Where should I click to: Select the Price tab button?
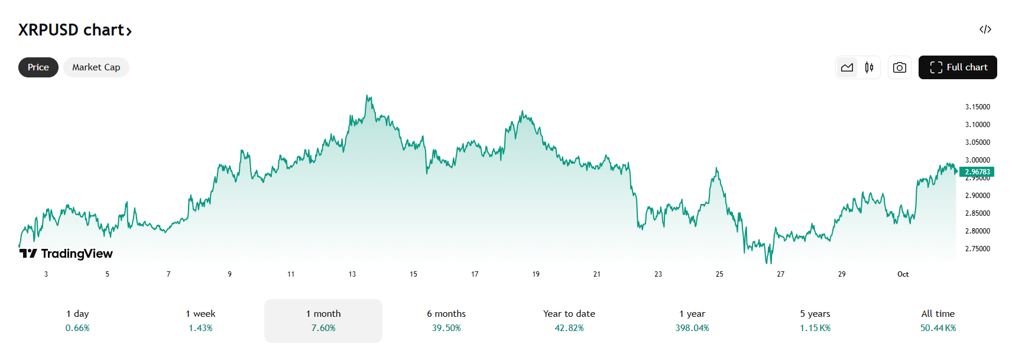coord(38,67)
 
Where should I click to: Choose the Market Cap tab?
coord(96,67)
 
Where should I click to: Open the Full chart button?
coord(958,67)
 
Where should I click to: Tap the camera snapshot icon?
coord(899,67)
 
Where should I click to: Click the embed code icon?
coord(985,30)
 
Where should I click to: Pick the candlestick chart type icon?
coord(869,67)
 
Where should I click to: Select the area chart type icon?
coord(847,67)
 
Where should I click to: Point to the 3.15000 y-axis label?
coord(977,107)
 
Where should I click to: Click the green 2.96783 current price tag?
coord(977,172)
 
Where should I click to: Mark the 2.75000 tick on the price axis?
coord(977,249)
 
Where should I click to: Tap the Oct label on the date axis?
coord(903,274)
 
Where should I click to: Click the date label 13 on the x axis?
coord(352,274)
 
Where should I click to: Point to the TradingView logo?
coord(66,254)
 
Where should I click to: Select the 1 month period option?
coord(323,314)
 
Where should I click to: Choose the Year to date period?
coord(569,314)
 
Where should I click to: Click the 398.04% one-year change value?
coord(692,328)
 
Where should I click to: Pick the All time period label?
coord(938,314)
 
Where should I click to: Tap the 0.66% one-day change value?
coord(77,328)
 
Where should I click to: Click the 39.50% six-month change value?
coord(446,328)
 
